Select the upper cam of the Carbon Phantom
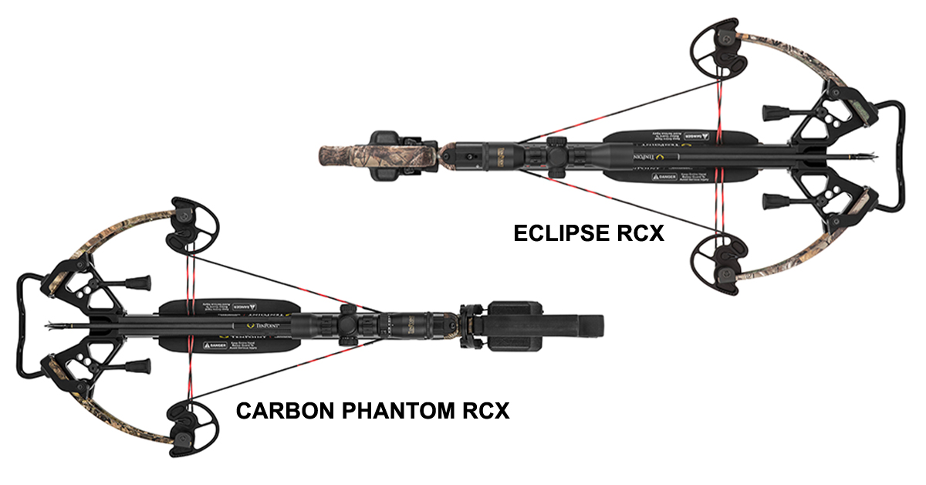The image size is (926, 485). [189, 223]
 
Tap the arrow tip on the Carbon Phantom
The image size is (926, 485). [51, 325]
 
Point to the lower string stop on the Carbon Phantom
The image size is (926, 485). [139, 364]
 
